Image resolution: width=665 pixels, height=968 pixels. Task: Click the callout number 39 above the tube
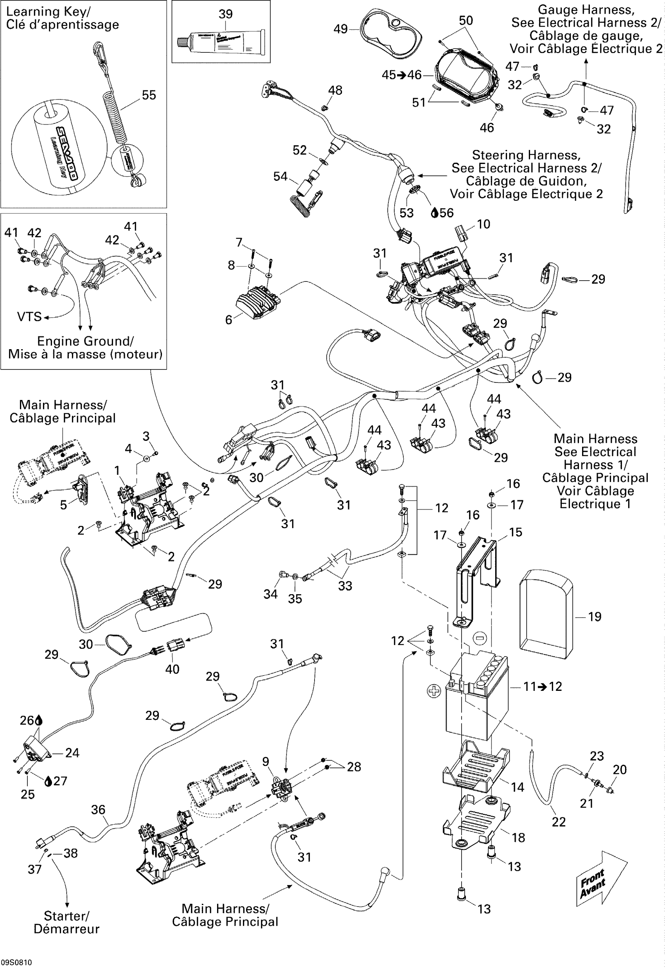(225, 14)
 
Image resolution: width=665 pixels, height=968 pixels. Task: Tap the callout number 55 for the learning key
(149, 95)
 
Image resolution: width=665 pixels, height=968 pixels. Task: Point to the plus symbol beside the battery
(434, 691)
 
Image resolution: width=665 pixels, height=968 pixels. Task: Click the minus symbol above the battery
(480, 638)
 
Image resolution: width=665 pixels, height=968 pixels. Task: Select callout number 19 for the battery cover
(595, 616)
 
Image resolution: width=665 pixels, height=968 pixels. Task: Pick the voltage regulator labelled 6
(257, 299)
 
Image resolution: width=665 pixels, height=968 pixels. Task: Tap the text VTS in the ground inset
(29, 317)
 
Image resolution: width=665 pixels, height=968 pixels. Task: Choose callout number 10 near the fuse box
(483, 224)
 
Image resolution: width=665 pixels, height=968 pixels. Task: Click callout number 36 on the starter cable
(98, 809)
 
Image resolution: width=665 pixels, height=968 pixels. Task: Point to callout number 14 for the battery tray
(518, 787)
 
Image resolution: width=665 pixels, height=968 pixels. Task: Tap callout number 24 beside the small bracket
(72, 752)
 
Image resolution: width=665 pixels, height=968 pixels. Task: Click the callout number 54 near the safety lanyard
(280, 177)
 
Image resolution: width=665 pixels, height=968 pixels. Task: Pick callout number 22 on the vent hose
(559, 822)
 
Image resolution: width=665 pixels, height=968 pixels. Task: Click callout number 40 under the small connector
(172, 669)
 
